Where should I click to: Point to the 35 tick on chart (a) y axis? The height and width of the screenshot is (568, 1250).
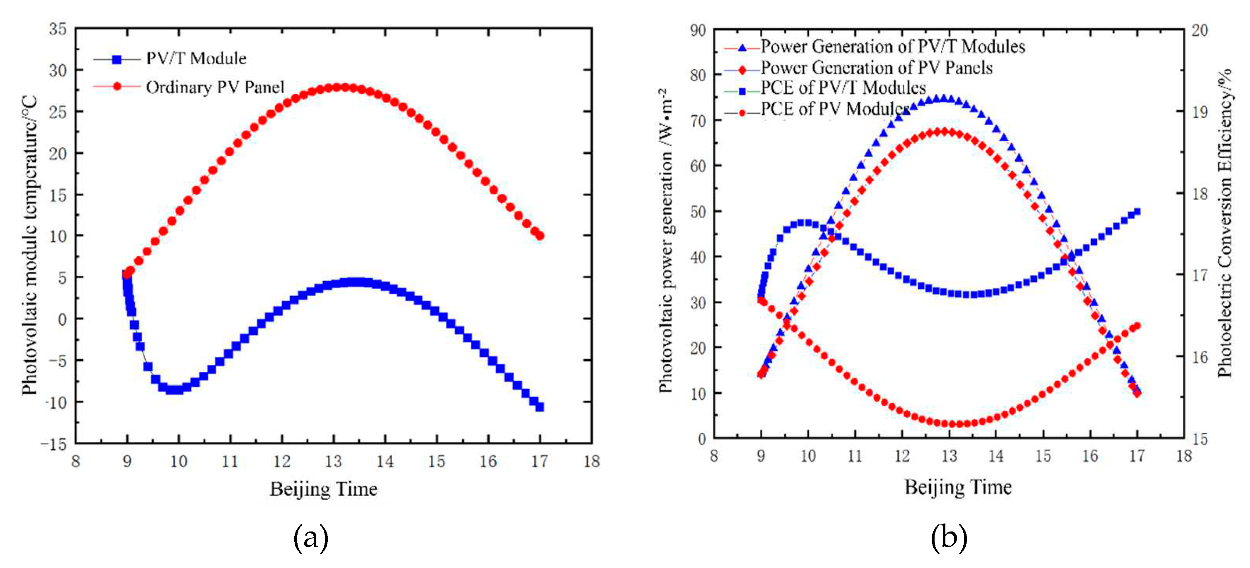tap(57, 29)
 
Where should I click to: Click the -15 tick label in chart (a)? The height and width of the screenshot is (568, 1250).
tap(54, 444)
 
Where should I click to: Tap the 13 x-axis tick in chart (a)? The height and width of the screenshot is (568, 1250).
tap(333, 461)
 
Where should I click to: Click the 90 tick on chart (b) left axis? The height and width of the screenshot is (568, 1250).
tap(697, 31)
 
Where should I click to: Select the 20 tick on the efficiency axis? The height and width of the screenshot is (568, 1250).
tap(1199, 31)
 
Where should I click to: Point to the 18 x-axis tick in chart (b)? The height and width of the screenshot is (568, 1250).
tap(1184, 456)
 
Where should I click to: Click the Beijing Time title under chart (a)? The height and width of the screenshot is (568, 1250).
tap(323, 489)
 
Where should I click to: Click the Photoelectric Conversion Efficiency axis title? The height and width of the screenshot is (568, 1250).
tap(1224, 223)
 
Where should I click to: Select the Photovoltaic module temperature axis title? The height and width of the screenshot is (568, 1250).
tap(29, 245)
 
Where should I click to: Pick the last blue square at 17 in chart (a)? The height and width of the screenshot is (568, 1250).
tap(540, 407)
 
